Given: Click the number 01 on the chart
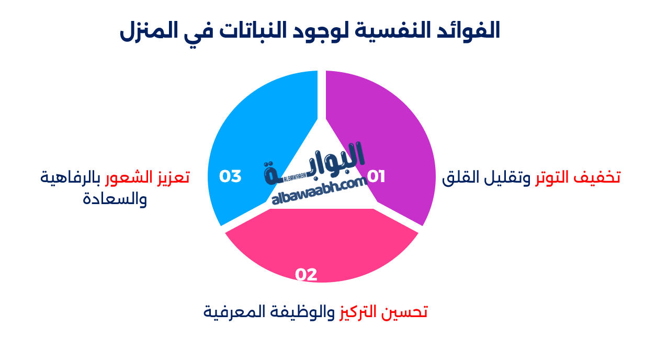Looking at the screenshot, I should [x=376, y=177].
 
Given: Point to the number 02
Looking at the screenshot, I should [x=306, y=275].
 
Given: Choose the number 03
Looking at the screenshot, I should [x=230, y=176].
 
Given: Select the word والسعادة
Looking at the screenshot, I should [x=115, y=199].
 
